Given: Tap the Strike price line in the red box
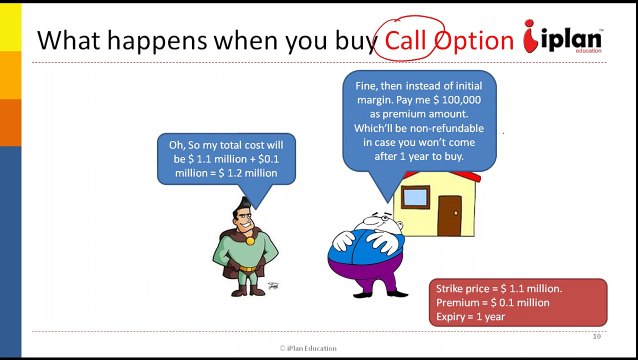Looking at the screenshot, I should (x=499, y=288).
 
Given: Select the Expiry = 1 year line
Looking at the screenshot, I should (x=470, y=316).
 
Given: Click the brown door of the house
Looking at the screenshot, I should (x=449, y=215).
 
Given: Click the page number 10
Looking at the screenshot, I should (x=596, y=337).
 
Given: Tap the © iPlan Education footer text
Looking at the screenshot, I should (x=308, y=348).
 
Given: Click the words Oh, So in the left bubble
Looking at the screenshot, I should (x=188, y=145).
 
